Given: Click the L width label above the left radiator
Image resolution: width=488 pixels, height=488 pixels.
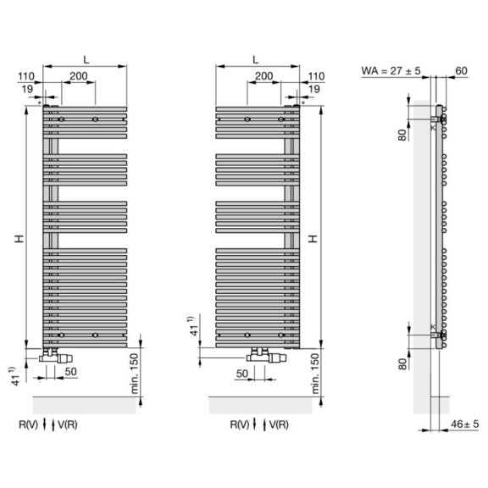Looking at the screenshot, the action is [x=86, y=59].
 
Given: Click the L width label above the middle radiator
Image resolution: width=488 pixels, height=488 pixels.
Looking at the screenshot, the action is [x=256, y=59].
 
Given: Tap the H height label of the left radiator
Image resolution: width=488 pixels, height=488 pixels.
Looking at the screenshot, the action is [x=19, y=239].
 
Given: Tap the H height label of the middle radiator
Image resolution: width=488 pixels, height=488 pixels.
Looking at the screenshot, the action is [x=313, y=239].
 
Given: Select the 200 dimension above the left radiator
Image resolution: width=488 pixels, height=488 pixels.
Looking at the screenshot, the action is [x=79, y=76].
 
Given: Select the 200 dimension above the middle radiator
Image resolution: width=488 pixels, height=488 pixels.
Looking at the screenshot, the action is [x=264, y=76].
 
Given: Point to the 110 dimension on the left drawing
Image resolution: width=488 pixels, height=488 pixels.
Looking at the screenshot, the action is [x=26, y=76].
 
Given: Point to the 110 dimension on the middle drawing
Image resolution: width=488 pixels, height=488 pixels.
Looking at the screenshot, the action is [x=316, y=76].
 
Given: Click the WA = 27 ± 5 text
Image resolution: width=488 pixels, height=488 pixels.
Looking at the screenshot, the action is [x=391, y=70].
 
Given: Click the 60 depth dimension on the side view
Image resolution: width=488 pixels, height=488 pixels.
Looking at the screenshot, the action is [x=461, y=70].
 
